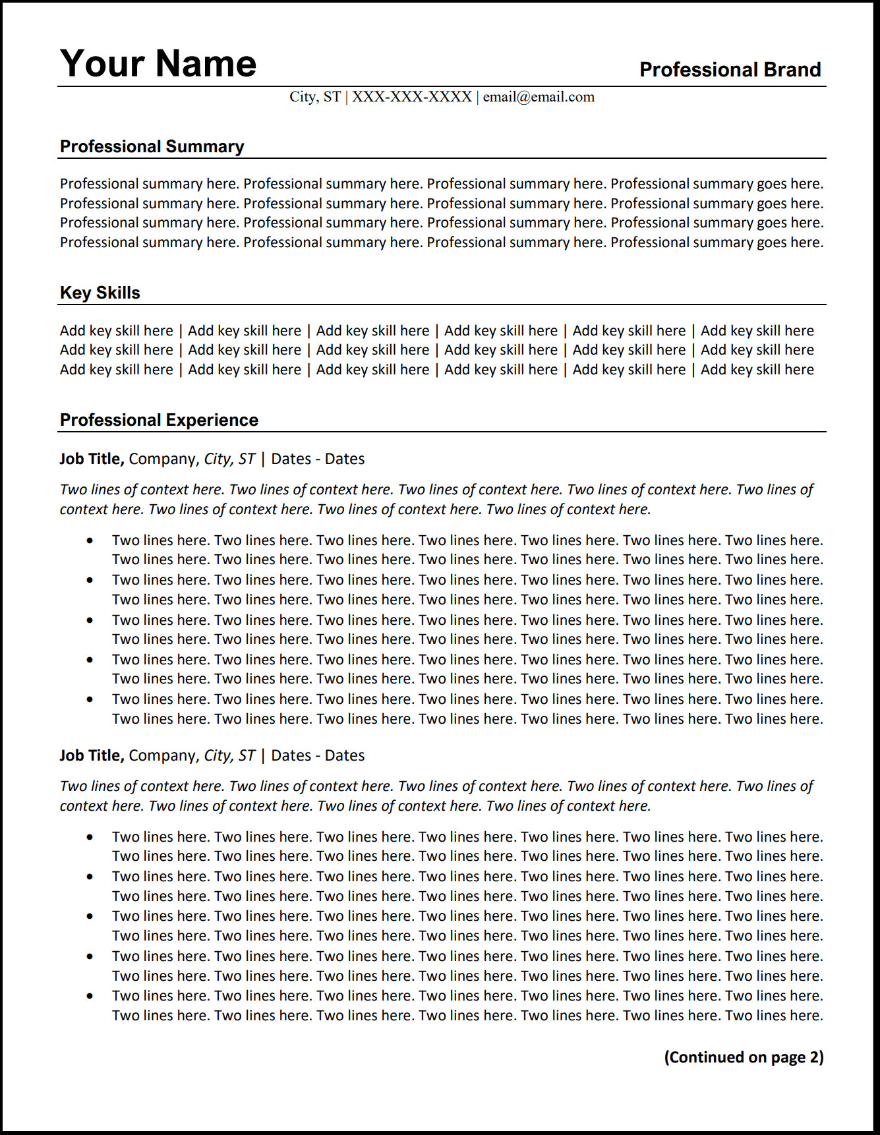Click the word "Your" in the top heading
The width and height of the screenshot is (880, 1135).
[102, 64]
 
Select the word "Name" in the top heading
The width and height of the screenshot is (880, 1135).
[206, 64]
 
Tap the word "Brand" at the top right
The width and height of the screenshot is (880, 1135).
[792, 70]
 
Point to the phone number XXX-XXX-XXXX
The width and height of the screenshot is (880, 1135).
[411, 97]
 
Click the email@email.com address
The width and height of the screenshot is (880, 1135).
[539, 97]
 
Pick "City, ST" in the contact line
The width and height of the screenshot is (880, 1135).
[315, 97]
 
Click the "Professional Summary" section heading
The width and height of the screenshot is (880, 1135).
[152, 146]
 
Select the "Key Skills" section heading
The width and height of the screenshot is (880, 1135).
[100, 293]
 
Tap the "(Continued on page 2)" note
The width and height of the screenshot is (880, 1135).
[744, 1057]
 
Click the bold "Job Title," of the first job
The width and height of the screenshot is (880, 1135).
[92, 459]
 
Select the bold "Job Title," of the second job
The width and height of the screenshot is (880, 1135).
[92, 755]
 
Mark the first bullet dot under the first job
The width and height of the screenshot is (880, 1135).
[90, 540]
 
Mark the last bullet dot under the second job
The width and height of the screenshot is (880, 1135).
[90, 996]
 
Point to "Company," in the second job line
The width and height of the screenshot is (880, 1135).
[163, 755]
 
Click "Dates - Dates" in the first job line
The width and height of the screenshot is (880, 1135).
[318, 459]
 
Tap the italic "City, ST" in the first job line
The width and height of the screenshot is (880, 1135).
[229, 459]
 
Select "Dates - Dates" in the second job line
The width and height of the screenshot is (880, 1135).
[318, 755]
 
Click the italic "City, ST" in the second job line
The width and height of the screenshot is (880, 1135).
[229, 755]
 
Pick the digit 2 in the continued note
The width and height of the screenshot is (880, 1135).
[814, 1057]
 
